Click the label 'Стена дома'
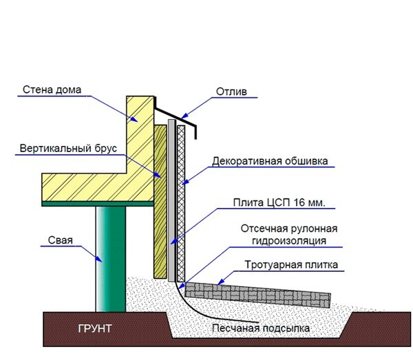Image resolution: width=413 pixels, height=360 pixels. click(52, 89)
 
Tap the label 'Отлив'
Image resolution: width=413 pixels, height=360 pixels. click(231, 92)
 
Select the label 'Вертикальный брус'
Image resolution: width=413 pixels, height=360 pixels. click(68, 149)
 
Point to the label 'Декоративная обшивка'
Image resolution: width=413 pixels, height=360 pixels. click(270, 161)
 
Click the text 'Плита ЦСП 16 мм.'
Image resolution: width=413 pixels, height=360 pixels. click(279, 202)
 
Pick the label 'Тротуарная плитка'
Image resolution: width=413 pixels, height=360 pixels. click(291, 264)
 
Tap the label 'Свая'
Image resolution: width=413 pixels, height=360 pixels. click(61, 240)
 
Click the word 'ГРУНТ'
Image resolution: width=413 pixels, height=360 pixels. click(95, 328)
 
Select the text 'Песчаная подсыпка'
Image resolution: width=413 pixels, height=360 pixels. click(261, 328)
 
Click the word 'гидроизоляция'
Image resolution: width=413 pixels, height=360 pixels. click(289, 241)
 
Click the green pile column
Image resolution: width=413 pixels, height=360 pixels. click(111, 259)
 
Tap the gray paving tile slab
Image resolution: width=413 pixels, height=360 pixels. click(258, 295)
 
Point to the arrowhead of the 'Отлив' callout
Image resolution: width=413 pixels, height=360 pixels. click(185, 116)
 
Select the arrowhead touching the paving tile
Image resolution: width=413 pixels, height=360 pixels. click(221, 282)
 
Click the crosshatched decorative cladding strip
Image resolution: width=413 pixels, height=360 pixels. click(181, 204)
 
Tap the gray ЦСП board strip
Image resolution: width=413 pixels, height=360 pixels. click(171, 200)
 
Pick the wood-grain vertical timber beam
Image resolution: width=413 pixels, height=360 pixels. click(160, 202)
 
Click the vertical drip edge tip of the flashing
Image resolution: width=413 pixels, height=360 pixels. click(195, 132)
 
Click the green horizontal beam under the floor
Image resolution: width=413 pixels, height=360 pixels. click(98, 204)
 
